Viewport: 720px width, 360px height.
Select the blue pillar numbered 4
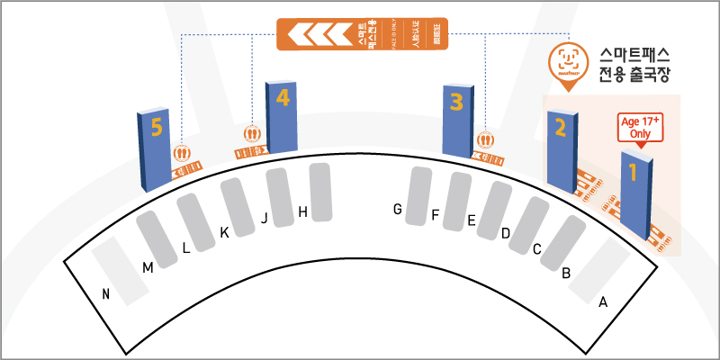282,117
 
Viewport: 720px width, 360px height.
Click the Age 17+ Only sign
641,127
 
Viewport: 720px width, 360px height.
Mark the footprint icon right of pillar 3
487,140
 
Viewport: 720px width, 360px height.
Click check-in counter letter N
106,293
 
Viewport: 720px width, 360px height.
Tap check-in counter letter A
603,302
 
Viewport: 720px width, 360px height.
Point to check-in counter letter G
396,210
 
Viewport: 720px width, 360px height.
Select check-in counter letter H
303,212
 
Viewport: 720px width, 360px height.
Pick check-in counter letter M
148,267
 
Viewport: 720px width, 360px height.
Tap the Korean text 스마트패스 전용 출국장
635,66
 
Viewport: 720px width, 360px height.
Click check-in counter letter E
471,220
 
